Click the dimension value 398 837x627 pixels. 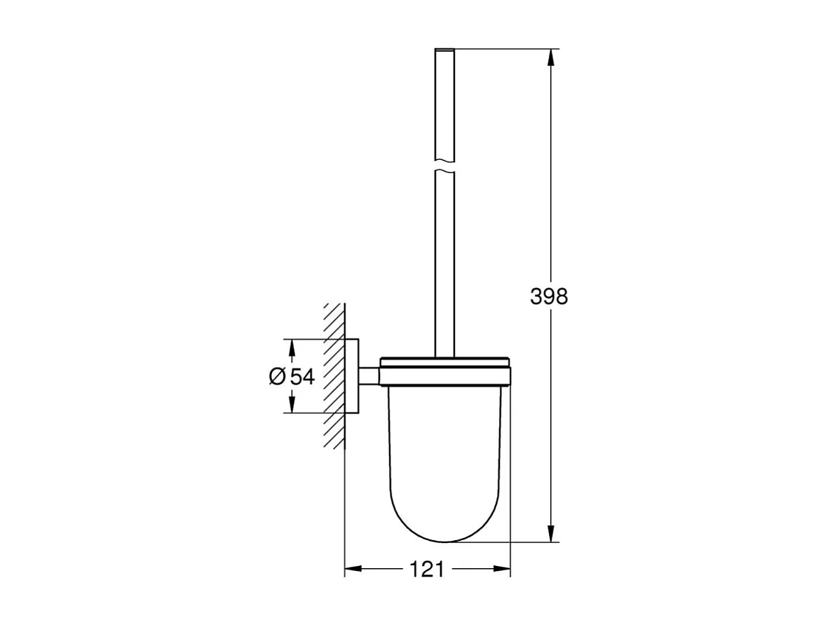pyautogui.click(x=549, y=296)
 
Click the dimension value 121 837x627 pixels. pyautogui.click(x=427, y=569)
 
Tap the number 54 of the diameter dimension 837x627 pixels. pyautogui.click(x=301, y=376)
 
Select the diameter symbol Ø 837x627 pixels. pyautogui.click(x=277, y=376)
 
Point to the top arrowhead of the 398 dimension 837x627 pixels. pyautogui.click(x=552, y=56)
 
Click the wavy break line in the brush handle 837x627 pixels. pyautogui.click(x=444, y=169)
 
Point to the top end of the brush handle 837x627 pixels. pyautogui.click(x=444, y=50)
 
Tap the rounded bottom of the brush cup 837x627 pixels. pyautogui.click(x=444, y=536)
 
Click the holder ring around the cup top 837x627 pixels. pyautogui.click(x=444, y=378)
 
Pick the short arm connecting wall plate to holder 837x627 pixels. pyautogui.click(x=369, y=376)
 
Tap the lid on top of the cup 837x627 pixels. pyautogui.click(x=444, y=363)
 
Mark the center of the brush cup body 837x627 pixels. pyautogui.click(x=444, y=455)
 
